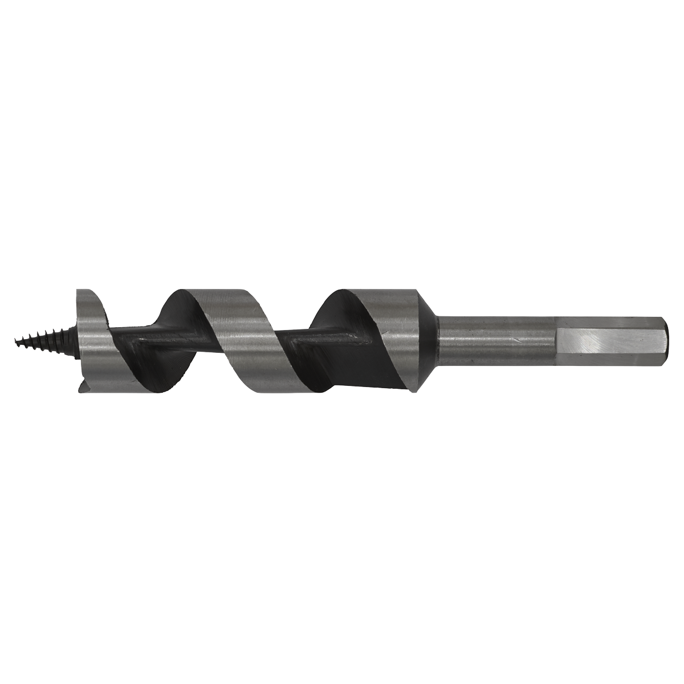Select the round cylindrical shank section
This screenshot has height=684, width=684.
(x=496, y=340)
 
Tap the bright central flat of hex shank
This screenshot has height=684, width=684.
(x=610, y=342)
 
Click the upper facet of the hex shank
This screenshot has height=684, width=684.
(x=610, y=320)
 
